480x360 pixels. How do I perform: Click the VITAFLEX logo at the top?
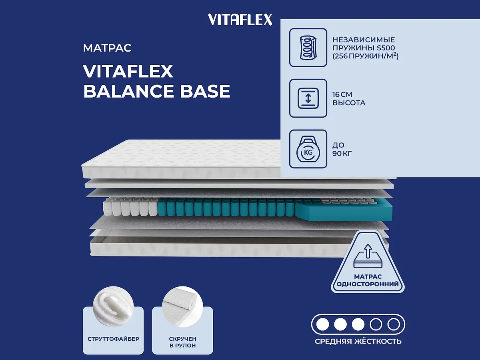click(x=240, y=19)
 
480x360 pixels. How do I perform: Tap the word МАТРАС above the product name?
click(x=107, y=48)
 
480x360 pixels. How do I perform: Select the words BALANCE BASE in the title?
click(x=156, y=92)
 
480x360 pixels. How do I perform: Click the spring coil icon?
click(x=308, y=47)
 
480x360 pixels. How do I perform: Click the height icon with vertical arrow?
click(x=308, y=98)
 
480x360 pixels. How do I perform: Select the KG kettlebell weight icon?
click(x=308, y=149)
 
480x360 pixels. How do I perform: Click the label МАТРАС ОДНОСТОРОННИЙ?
click(x=368, y=280)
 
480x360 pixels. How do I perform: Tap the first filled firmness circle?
click(x=322, y=324)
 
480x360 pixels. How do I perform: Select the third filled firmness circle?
click(x=358, y=324)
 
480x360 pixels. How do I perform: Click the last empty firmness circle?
click(x=394, y=324)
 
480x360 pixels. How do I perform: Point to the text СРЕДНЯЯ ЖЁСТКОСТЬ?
click(x=358, y=341)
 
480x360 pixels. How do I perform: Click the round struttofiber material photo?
click(x=113, y=306)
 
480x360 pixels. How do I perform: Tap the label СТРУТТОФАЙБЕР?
click(x=113, y=339)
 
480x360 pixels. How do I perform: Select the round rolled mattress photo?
click(x=182, y=306)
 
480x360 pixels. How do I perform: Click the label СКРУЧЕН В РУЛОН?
click(x=182, y=342)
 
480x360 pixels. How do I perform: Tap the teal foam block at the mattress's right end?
click(x=344, y=210)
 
